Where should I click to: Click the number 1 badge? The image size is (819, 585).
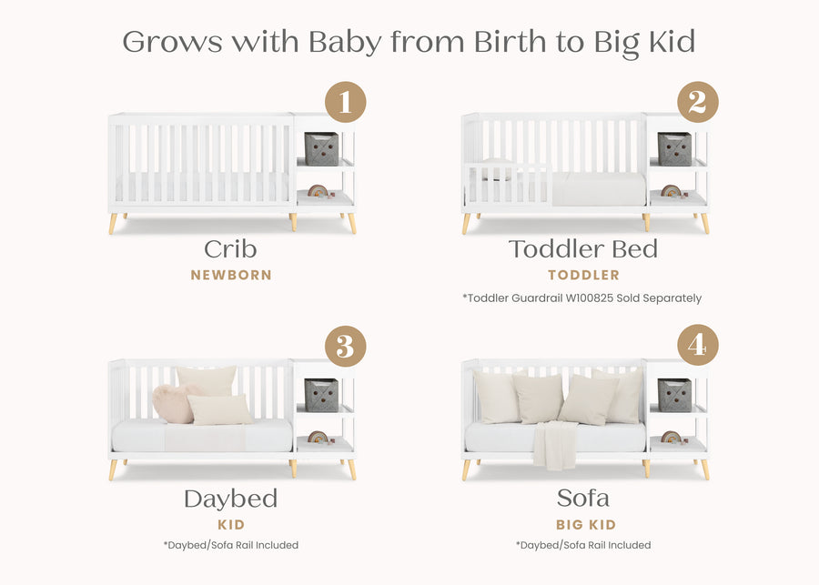point(345,102)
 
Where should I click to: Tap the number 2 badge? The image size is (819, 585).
point(697,102)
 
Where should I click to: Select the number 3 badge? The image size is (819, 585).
point(345,347)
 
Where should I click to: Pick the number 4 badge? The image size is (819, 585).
point(697,347)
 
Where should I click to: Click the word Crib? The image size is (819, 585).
point(230,249)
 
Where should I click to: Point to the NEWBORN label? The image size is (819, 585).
point(230,275)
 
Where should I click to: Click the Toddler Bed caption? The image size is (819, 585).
point(582,249)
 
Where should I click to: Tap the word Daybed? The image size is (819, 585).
point(230,499)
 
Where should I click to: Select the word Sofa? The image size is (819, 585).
point(582,499)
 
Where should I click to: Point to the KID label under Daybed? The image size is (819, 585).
point(230,525)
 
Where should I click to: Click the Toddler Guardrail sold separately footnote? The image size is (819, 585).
point(582,298)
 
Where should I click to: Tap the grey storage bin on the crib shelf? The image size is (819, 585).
point(321,148)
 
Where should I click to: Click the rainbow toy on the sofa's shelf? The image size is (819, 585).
point(671,437)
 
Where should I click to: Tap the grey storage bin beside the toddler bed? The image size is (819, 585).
point(674,148)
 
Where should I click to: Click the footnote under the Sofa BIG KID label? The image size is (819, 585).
point(582,545)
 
